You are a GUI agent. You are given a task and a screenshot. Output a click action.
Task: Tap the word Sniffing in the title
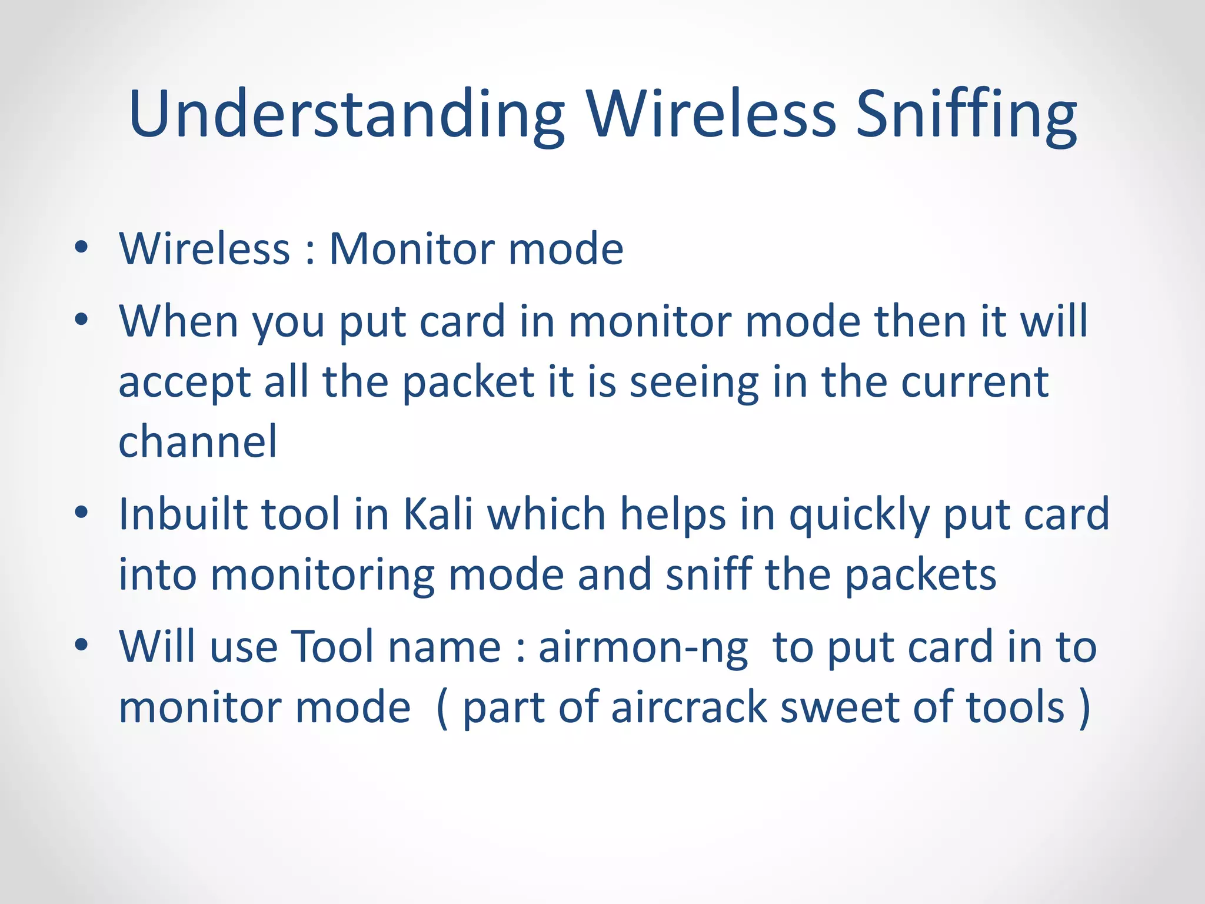(x=966, y=115)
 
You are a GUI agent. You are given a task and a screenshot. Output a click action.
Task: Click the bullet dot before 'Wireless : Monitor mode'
(x=81, y=248)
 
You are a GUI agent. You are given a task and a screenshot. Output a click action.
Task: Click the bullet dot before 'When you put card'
(x=81, y=320)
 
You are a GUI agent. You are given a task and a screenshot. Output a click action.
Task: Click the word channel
(x=198, y=441)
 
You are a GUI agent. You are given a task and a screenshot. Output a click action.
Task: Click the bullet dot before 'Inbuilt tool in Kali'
(x=81, y=513)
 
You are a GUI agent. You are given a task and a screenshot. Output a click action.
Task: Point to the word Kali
(x=438, y=514)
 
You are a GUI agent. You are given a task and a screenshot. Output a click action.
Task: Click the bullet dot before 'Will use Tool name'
(x=81, y=645)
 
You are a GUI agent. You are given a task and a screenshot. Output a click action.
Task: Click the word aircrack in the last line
(x=689, y=707)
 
